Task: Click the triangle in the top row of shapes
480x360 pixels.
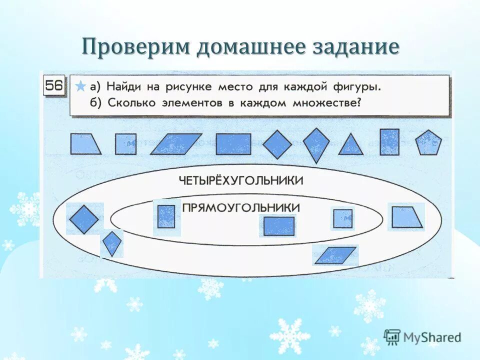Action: [x=351, y=145]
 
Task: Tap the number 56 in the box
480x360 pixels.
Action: [x=54, y=86]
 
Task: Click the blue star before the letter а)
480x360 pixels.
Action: [x=80, y=86]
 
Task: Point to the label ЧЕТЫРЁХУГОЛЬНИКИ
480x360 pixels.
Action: [x=240, y=180]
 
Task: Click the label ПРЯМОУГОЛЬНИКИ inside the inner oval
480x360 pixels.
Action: [x=241, y=207]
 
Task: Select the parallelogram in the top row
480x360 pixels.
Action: [x=176, y=144]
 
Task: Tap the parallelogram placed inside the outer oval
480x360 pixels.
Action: [x=335, y=255]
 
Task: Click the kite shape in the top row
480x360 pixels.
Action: [x=316, y=145]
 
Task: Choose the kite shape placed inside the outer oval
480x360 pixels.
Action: [x=111, y=243]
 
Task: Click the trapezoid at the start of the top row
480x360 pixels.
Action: [x=84, y=144]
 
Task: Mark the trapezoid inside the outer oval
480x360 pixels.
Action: [x=406, y=217]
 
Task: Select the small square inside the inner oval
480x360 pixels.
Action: [x=343, y=218]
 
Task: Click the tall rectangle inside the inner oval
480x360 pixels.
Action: [x=166, y=217]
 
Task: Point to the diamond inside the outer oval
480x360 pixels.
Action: [x=84, y=219]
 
